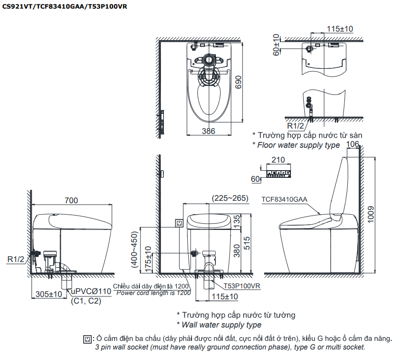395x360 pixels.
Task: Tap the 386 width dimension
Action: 208,131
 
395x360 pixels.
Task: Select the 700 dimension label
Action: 71,201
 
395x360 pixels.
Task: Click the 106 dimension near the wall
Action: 352,144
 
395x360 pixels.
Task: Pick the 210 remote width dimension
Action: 278,160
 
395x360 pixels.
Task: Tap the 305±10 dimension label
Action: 49,294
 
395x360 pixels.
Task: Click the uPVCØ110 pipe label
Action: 91,291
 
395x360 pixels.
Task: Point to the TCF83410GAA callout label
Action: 284,199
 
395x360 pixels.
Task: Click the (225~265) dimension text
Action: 229,198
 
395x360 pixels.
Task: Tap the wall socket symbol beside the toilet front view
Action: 180,222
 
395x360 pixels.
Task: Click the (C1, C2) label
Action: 86,301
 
